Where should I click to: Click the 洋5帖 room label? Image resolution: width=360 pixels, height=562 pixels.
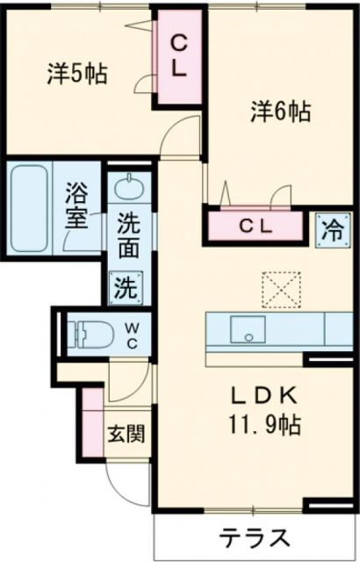pyautogui.click(x=77, y=74)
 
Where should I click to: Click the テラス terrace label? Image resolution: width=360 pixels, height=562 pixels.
pyautogui.click(x=255, y=536)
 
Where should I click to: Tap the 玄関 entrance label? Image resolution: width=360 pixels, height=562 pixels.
pyautogui.click(x=126, y=434)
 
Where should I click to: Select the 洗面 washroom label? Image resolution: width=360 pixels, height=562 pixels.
pyautogui.click(x=128, y=235)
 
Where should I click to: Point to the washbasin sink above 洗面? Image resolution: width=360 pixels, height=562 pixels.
pyautogui.click(x=128, y=190)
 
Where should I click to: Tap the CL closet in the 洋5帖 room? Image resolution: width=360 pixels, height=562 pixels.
pyautogui.click(x=178, y=57)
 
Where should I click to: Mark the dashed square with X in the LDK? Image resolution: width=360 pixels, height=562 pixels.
pyautogui.click(x=280, y=287)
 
